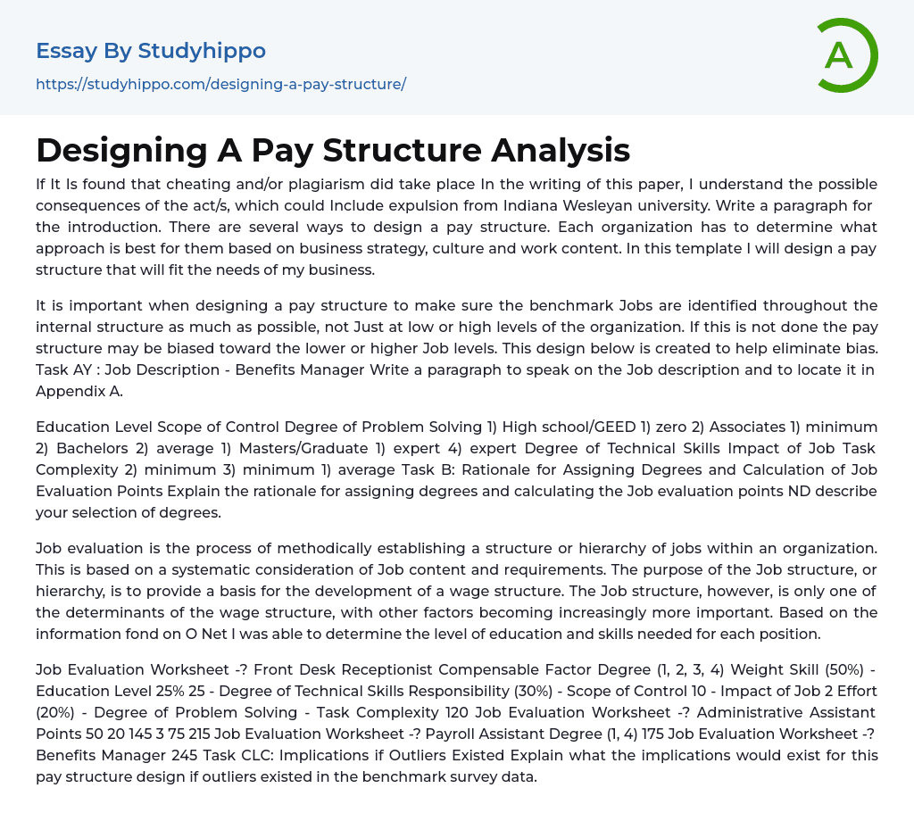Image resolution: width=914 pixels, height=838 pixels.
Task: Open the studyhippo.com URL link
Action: pyautogui.click(x=220, y=84)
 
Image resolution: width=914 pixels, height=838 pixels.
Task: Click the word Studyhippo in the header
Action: pyautogui.click(x=202, y=51)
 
